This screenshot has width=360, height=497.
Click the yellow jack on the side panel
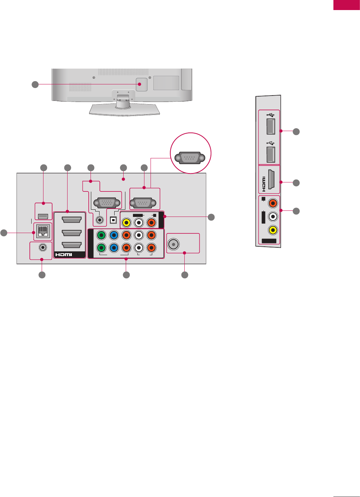coord(273,229)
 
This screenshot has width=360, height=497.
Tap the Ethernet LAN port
coord(43,232)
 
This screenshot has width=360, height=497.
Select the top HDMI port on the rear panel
coord(71,220)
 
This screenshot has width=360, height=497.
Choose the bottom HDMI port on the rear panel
coord(71,245)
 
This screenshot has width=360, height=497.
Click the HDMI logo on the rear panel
coord(64,255)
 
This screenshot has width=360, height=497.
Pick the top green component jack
coord(102,235)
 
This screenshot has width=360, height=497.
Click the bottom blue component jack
coord(114,247)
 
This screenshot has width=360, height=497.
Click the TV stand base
coord(124,110)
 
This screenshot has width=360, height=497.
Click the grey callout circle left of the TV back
coord(35,84)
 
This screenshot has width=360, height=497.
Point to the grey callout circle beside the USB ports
coord(296,131)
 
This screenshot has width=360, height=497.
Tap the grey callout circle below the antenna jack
coord(185,275)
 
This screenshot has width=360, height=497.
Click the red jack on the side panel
coord(273,203)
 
